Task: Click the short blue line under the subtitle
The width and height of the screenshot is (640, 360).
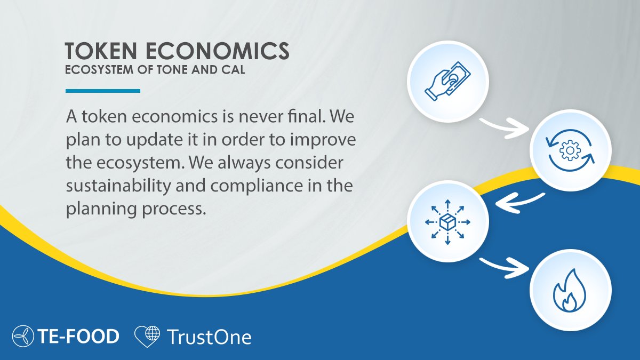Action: [102, 91]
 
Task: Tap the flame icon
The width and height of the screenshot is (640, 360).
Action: [570, 292]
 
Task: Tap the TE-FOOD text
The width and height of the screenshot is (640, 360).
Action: [78, 337]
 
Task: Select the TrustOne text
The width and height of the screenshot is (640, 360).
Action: [209, 337]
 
